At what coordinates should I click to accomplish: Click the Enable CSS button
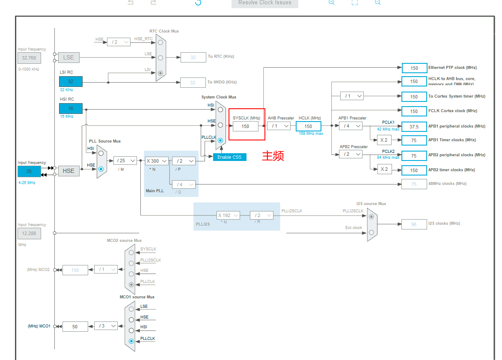tap(229, 157)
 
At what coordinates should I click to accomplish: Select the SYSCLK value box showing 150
tap(245, 126)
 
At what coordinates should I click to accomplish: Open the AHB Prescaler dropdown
tap(279, 126)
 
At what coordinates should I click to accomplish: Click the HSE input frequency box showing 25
tap(29, 171)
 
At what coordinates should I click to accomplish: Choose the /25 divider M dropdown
tap(125, 161)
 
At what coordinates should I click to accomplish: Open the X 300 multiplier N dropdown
tap(156, 161)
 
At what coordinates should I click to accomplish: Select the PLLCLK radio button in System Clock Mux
tap(220, 140)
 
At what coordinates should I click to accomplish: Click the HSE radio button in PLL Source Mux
tap(101, 169)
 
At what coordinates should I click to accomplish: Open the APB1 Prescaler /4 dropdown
tap(351, 126)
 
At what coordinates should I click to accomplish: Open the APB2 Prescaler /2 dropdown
tap(351, 154)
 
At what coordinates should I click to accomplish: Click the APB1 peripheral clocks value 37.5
tap(414, 126)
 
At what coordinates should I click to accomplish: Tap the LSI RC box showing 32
tap(71, 81)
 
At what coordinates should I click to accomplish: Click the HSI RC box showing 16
tap(71, 109)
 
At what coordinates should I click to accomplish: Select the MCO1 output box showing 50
tap(75, 326)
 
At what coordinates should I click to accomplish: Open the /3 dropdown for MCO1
tap(106, 326)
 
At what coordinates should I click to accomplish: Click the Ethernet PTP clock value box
tap(414, 68)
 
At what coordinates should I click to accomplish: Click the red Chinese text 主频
tap(273, 156)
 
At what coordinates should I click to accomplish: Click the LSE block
tap(68, 57)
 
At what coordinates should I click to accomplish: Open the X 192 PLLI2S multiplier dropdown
tap(228, 215)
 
